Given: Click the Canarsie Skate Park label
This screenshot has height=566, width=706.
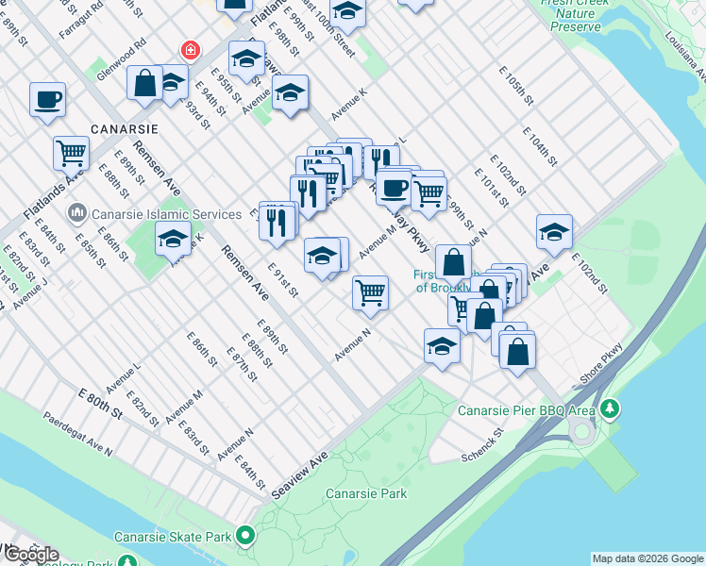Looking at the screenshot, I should click(173, 537).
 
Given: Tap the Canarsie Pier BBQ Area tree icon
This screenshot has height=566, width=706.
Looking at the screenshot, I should click(611, 408).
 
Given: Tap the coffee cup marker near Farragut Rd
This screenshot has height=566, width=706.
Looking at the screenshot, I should click(47, 99).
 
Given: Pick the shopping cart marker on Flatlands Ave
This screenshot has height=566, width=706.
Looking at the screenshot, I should click(72, 152).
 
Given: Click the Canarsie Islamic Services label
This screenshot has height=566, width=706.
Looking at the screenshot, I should click(145, 212).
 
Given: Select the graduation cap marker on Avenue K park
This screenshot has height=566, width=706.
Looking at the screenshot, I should click(173, 238).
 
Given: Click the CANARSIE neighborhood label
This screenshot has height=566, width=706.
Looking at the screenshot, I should click(124, 127).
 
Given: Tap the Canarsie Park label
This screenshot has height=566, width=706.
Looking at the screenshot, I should click(365, 493).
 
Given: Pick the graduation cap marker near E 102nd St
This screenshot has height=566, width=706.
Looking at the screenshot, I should click(554, 231).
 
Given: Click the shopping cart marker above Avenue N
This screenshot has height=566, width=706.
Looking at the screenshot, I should click(371, 291).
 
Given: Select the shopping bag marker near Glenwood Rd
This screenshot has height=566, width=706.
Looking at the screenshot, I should click(146, 81).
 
